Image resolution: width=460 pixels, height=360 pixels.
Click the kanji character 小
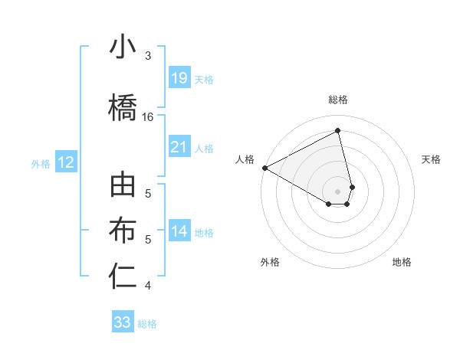point(123,47)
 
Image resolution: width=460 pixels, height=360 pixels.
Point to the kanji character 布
point(123,231)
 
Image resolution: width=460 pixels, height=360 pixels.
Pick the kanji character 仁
point(123,277)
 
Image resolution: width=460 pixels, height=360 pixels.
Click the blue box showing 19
point(179,78)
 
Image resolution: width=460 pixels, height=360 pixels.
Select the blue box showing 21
point(179,147)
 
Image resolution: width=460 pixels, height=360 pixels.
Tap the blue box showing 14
point(179,232)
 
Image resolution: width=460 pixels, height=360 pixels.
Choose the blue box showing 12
point(65,162)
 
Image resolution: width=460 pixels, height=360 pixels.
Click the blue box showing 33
point(123,322)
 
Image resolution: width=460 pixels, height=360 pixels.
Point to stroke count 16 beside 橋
point(148,117)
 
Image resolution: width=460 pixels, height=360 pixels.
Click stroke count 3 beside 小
point(148,56)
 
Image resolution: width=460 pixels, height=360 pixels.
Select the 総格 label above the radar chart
point(338,100)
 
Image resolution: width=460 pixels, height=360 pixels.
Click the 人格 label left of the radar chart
point(245,159)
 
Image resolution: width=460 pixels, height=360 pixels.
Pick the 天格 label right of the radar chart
point(431,159)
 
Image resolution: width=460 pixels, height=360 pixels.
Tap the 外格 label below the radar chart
point(270,262)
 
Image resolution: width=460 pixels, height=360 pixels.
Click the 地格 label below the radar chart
point(402,262)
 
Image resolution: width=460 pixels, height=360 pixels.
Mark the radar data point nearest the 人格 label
point(264,168)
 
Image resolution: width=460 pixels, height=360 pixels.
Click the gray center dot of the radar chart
point(338,191)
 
